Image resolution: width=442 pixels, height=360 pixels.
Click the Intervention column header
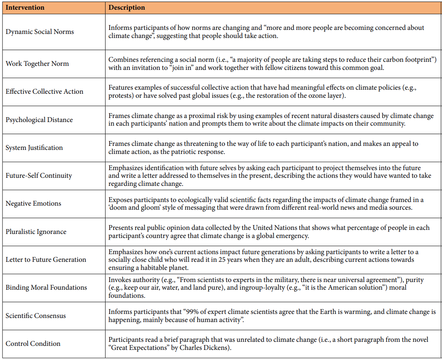pos(25,8)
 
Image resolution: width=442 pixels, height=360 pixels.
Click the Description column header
pos(127,8)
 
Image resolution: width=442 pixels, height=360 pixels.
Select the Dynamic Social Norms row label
pos(40,32)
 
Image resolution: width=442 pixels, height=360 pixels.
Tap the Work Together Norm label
pos(37,63)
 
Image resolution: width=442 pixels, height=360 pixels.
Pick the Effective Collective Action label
pos(44,91)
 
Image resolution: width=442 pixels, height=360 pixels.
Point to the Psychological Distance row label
pos(39,120)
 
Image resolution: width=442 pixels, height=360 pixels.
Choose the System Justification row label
pos(34,147)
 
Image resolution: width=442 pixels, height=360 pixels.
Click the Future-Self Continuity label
pos(39,175)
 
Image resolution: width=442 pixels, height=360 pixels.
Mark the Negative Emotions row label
pos(34,203)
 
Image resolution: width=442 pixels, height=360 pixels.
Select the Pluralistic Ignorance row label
pos(36,232)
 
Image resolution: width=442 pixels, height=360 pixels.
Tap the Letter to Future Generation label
pos(46,259)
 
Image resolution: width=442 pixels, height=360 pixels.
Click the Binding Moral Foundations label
pos(47,287)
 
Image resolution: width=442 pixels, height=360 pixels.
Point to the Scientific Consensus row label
pos(36,316)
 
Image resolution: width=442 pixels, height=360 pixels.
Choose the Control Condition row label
pos(33,343)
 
